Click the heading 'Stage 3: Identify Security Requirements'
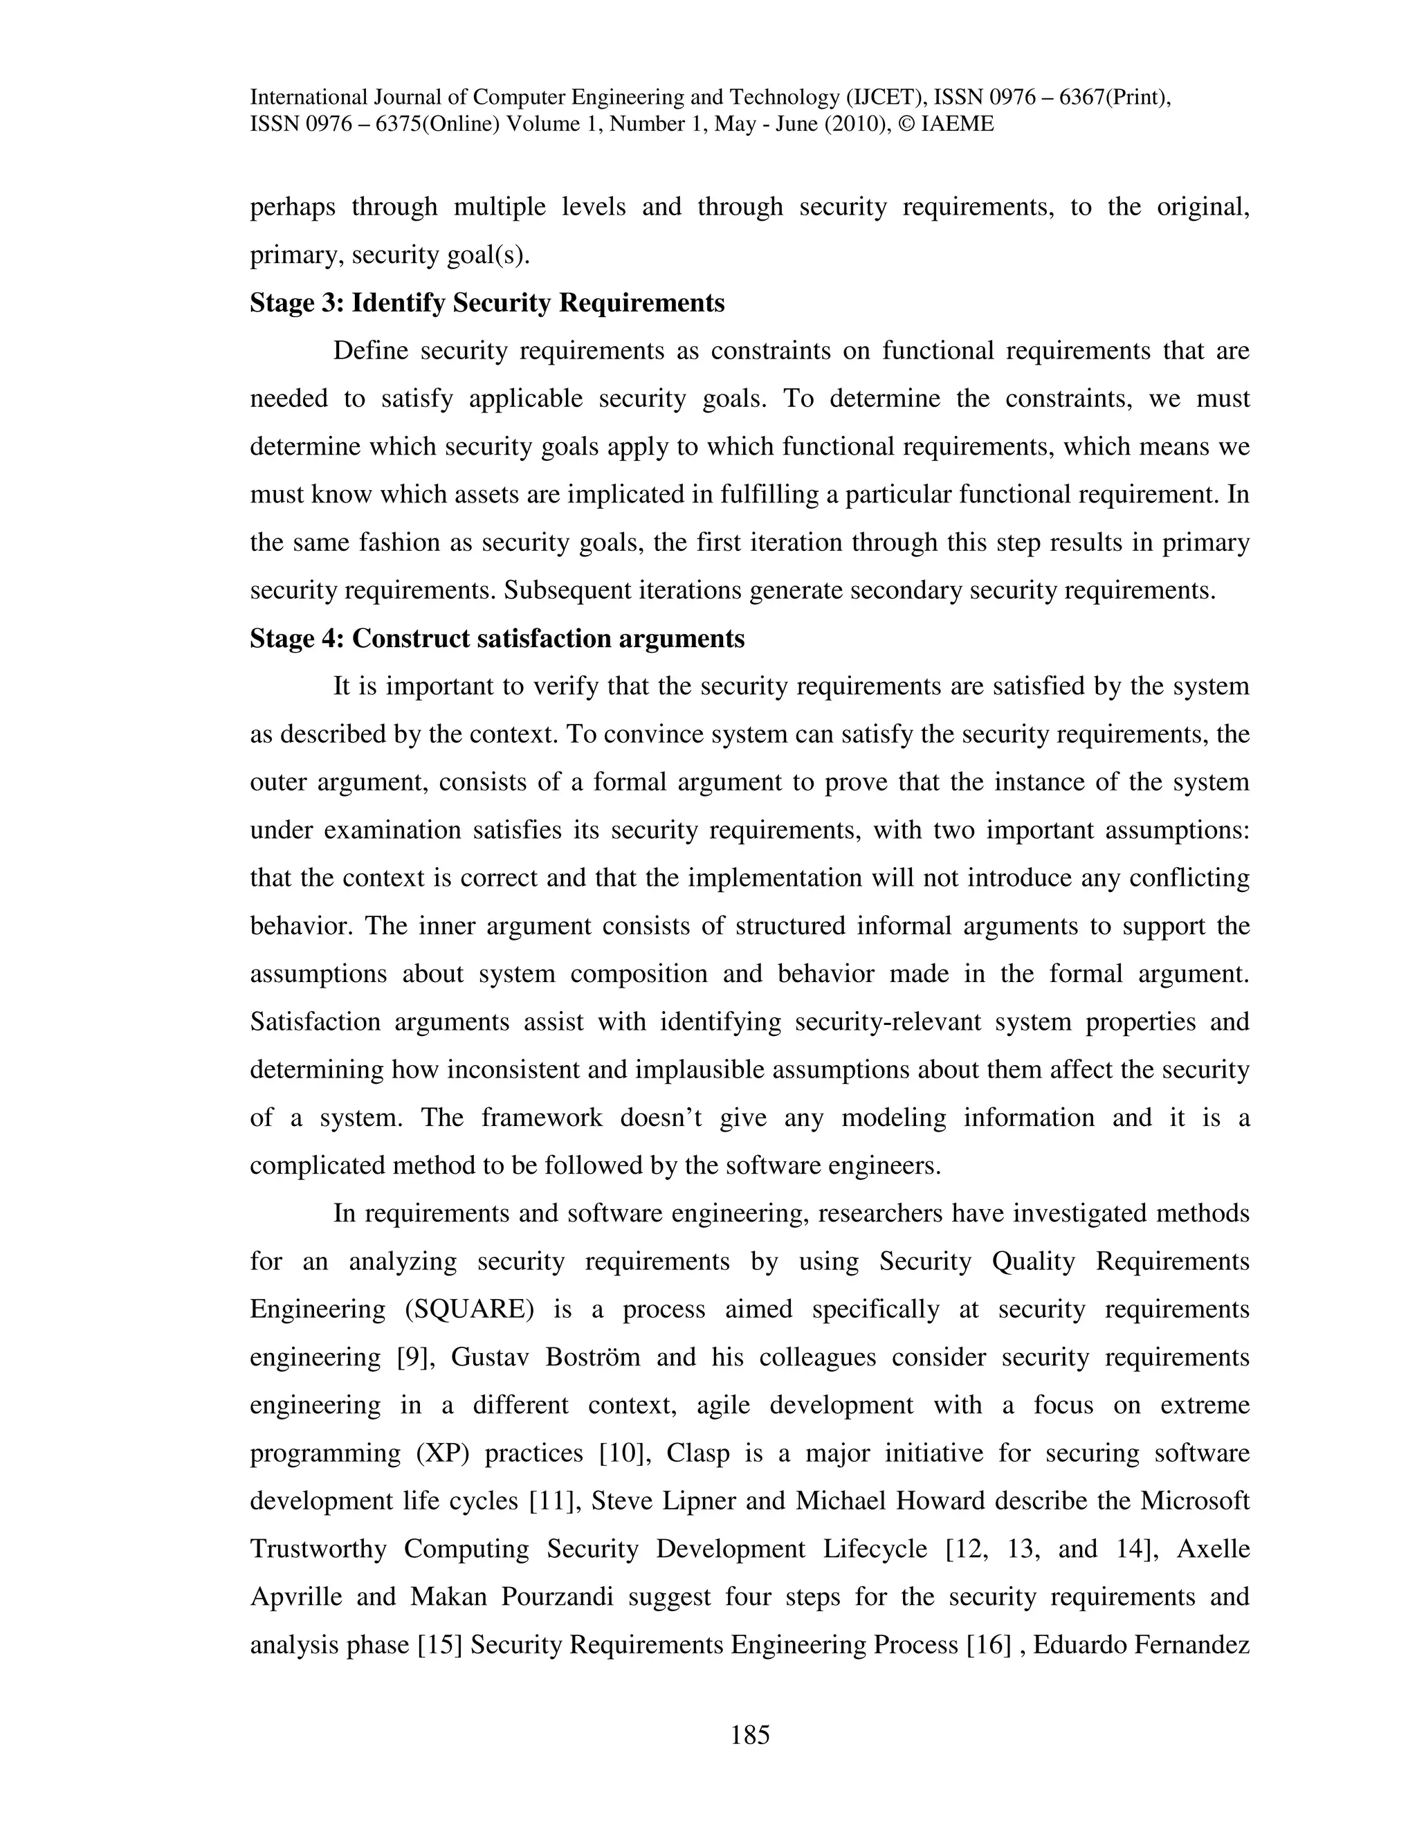point(487,303)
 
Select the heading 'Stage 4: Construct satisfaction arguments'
point(497,639)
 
